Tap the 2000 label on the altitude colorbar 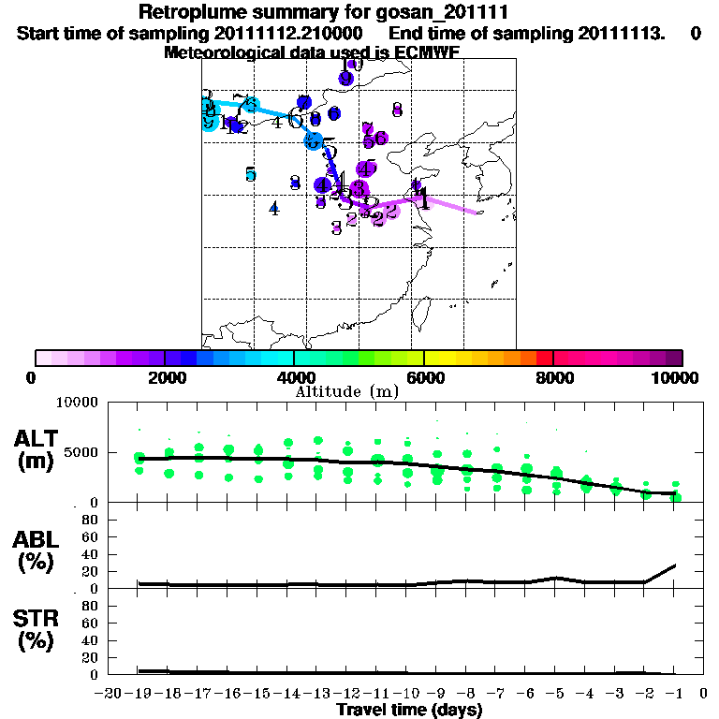[164, 377]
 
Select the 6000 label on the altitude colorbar [424, 377]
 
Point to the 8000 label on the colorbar [553, 377]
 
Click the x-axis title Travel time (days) [409, 711]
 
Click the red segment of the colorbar [543, 358]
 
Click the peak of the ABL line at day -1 [676, 565]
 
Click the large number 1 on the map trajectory [423, 199]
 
